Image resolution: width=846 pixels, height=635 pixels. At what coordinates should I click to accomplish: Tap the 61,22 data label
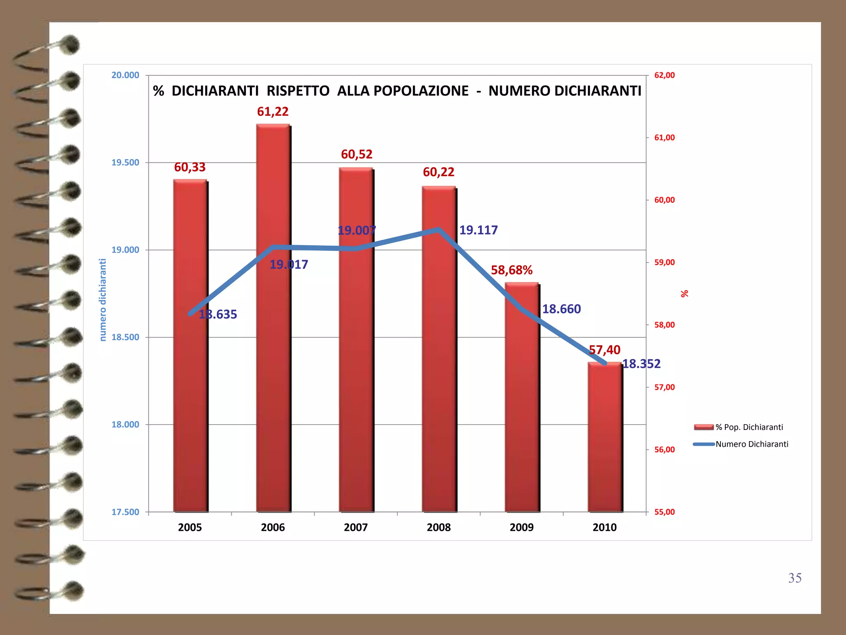[x=273, y=112]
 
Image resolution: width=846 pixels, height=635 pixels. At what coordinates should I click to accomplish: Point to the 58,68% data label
[x=511, y=270]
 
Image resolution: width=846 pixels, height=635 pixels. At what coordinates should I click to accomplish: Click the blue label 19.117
[x=478, y=230]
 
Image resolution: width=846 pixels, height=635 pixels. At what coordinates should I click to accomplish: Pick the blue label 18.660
[x=561, y=309]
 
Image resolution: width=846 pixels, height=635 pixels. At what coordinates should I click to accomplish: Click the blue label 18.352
[x=641, y=364]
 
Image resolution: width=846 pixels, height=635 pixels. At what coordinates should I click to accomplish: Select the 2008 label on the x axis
[x=439, y=528]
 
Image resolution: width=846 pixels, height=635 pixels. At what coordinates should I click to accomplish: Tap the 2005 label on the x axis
[x=190, y=528]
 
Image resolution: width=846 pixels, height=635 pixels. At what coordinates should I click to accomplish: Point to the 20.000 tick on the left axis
[x=125, y=75]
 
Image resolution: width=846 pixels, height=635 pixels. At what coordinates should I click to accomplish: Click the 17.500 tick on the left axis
[x=125, y=512]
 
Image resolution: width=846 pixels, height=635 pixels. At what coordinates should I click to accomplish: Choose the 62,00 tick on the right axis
[x=664, y=75]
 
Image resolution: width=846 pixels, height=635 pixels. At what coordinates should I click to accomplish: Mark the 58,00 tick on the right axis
[x=664, y=325]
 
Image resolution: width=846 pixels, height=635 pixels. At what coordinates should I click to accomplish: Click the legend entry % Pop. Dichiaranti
[x=749, y=427]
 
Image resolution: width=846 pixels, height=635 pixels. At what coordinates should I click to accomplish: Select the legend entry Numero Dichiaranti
[x=752, y=444]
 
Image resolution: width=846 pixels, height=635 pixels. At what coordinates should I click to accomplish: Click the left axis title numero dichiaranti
[x=103, y=300]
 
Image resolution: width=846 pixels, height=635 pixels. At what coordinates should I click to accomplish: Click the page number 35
[x=795, y=578]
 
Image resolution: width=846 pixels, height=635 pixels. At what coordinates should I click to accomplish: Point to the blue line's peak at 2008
[x=439, y=229]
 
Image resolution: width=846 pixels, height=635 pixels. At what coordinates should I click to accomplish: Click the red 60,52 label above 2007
[x=356, y=155]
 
